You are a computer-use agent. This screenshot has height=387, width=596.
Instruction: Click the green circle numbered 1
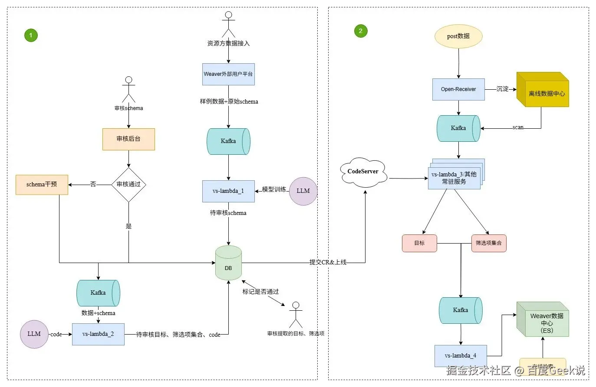[31, 35]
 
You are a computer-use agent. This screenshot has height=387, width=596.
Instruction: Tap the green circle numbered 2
[361, 31]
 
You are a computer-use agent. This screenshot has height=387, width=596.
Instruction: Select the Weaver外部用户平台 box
[228, 74]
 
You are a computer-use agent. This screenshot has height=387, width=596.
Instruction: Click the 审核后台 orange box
[128, 139]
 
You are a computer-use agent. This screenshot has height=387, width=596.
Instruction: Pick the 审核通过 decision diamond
[128, 185]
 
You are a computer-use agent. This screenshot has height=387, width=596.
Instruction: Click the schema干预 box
[42, 185]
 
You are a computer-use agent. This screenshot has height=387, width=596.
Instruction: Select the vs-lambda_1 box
[228, 191]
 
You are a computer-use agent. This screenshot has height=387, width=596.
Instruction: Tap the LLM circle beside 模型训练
[303, 191]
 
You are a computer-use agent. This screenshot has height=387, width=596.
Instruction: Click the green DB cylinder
[228, 263]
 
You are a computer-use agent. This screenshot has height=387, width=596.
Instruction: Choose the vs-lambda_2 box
[98, 334]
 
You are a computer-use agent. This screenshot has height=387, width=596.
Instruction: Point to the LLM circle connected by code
[34, 334]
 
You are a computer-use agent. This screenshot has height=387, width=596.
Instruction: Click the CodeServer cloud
[363, 172]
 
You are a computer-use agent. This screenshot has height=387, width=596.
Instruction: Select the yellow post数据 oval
[458, 36]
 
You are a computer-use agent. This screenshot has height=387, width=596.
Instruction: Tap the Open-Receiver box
[458, 89]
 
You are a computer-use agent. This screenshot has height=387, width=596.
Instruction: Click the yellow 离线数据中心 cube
[543, 91]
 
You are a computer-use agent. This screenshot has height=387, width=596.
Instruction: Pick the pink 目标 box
[419, 243]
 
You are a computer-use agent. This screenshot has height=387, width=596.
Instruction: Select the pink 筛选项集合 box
[489, 243]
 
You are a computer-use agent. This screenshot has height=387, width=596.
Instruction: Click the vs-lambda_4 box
[461, 356]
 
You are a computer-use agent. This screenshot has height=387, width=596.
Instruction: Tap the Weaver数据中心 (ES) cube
[543, 320]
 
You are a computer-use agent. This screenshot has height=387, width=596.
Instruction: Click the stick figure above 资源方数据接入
[228, 25]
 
